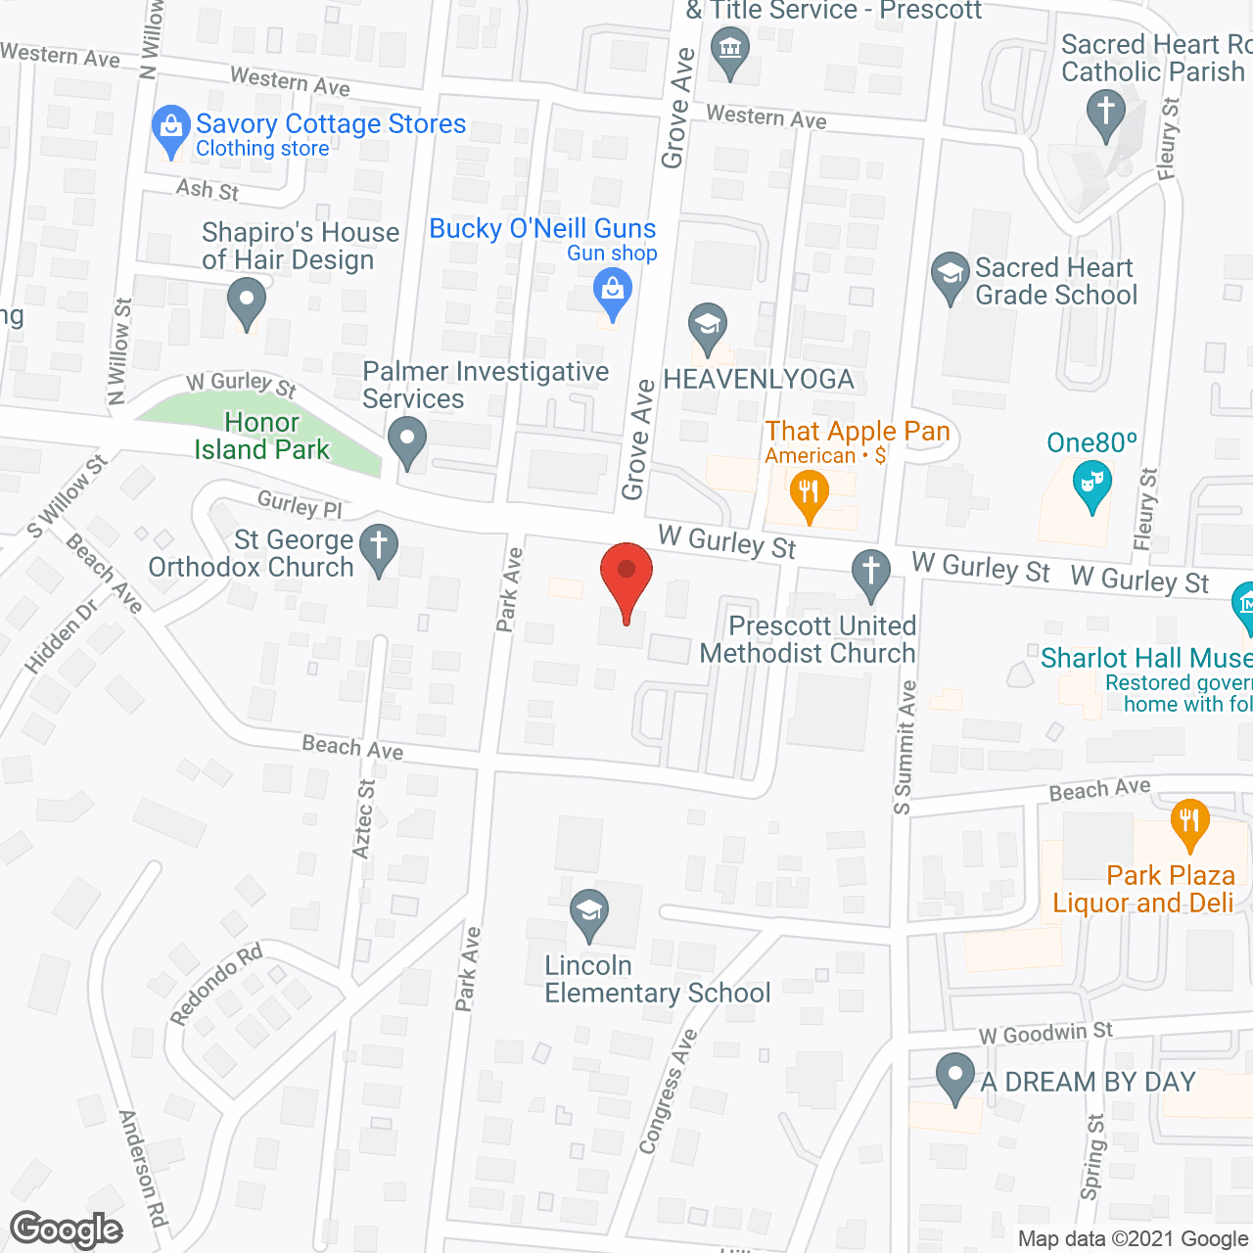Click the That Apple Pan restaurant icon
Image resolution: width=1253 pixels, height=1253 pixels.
pos(808,492)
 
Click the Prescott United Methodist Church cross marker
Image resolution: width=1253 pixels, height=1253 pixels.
pos(870,573)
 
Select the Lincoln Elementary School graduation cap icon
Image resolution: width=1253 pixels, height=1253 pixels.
pos(589,914)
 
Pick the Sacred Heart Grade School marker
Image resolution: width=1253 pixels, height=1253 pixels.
pos(950,277)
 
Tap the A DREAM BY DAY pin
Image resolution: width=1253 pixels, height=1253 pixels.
pos(954,1078)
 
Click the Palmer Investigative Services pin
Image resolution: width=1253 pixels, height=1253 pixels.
pos(407,441)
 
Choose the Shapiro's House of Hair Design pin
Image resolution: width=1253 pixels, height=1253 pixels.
pos(246,302)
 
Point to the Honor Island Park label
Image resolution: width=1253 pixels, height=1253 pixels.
pos(262,437)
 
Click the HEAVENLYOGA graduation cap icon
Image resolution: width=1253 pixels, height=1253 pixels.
pos(707,327)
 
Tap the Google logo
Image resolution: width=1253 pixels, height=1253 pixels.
pos(67,1230)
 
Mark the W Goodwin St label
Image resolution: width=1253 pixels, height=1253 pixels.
pos(1045,1033)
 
